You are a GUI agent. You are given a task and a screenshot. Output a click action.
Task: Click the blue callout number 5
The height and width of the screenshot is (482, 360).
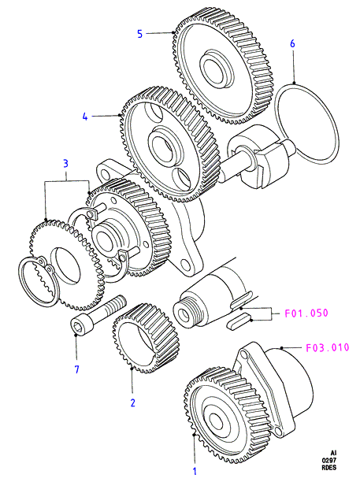pyautogui.click(x=140, y=34)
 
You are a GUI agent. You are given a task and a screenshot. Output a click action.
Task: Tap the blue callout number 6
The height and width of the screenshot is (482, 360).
pyautogui.click(x=292, y=43)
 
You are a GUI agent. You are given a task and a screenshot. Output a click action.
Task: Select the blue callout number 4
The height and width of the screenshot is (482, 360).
pyautogui.click(x=85, y=117)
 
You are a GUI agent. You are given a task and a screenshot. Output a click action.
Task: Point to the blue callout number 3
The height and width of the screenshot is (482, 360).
pyautogui.click(x=66, y=164)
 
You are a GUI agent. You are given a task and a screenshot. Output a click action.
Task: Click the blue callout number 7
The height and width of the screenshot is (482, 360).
pyautogui.click(x=77, y=369)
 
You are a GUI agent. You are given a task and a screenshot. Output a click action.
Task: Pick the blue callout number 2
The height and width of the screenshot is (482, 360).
pyautogui.click(x=133, y=402)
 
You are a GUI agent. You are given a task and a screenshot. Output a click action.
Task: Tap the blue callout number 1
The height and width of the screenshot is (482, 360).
pyautogui.click(x=195, y=471)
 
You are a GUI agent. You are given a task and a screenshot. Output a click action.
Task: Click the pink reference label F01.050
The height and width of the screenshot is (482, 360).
pyautogui.click(x=306, y=313)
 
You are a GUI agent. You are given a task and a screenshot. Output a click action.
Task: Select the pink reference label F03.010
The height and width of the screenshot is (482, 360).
pyautogui.click(x=328, y=347)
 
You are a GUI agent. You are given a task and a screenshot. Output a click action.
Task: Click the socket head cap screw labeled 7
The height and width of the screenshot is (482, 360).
pyautogui.click(x=98, y=314)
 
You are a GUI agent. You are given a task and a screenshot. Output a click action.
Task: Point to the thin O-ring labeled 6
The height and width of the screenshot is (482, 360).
pyautogui.click(x=306, y=124)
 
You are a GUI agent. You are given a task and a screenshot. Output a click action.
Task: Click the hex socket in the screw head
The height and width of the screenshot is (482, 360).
pyautogui.click(x=77, y=326)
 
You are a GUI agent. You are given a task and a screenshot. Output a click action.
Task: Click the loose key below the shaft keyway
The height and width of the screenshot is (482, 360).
pyautogui.click(x=239, y=321)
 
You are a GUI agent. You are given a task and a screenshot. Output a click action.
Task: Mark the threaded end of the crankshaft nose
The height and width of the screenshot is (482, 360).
pyautogui.click(x=188, y=311)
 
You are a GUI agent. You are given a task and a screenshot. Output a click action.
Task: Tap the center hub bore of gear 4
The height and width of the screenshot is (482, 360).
pyautogui.click(x=162, y=145)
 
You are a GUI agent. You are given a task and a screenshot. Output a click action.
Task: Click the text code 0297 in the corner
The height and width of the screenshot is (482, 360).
pyautogui.click(x=329, y=460)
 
